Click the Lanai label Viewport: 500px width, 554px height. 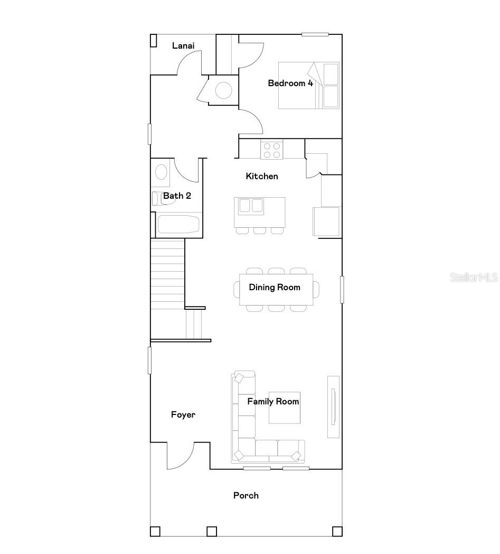tap(183, 46)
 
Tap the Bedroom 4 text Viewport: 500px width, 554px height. tap(290, 83)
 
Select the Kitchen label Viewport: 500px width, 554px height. tap(262, 176)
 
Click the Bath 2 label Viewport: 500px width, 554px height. tap(177, 196)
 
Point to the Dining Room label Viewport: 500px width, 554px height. tap(275, 287)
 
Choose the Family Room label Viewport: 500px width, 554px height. tap(273, 401)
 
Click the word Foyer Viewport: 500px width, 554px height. tap(183, 414)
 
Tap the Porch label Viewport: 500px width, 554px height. tap(246, 495)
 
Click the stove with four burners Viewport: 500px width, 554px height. tap(272, 149)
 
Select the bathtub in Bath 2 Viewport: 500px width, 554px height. tap(178, 224)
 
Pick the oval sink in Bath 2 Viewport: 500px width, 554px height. tap(161, 172)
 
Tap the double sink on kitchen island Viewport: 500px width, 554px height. tap(251, 205)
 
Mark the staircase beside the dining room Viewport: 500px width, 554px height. tap(167, 275)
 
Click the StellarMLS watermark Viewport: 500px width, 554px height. tap(474, 277)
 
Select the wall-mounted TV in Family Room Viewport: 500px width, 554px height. tap(333, 406)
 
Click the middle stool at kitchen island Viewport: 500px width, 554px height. tap(259, 230)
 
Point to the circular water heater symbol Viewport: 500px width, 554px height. tap(223, 90)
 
